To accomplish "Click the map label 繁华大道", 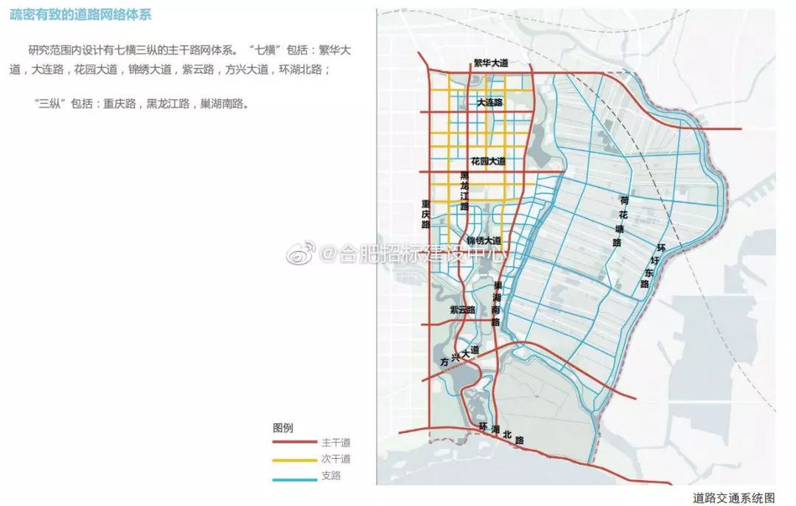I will click(x=491, y=63).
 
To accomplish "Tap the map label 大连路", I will click(x=489, y=103).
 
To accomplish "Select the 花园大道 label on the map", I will click(x=488, y=161).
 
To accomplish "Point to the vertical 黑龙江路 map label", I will click(x=464, y=191).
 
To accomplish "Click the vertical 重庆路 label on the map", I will click(x=426, y=213).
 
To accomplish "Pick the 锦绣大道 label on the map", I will click(x=483, y=241).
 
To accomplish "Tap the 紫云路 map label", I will click(x=463, y=310).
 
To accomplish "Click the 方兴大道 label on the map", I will click(x=458, y=356).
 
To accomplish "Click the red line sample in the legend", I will click(x=294, y=443).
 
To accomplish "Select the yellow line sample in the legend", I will click(x=294, y=460).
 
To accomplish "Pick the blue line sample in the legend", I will click(x=294, y=476).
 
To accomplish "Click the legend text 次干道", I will click(x=336, y=460).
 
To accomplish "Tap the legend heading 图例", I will click(x=283, y=428).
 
